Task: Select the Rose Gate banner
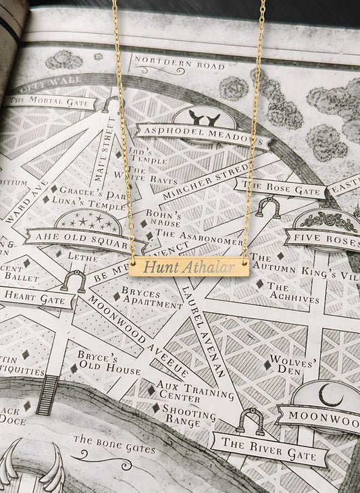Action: click(x=280, y=188)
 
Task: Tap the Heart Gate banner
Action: click(x=34, y=296)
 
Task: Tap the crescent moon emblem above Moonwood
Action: click(x=330, y=395)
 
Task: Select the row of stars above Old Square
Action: click(x=88, y=220)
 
